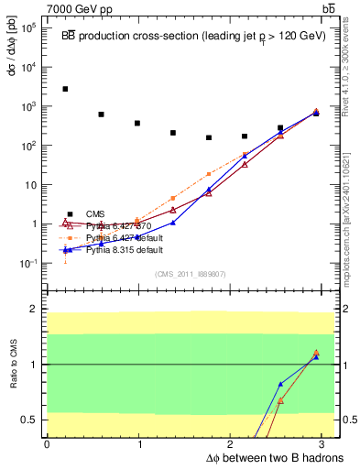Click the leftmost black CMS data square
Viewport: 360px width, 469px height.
click(x=65, y=89)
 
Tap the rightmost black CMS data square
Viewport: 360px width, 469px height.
click(x=316, y=113)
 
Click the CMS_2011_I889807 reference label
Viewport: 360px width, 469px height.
click(x=188, y=273)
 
